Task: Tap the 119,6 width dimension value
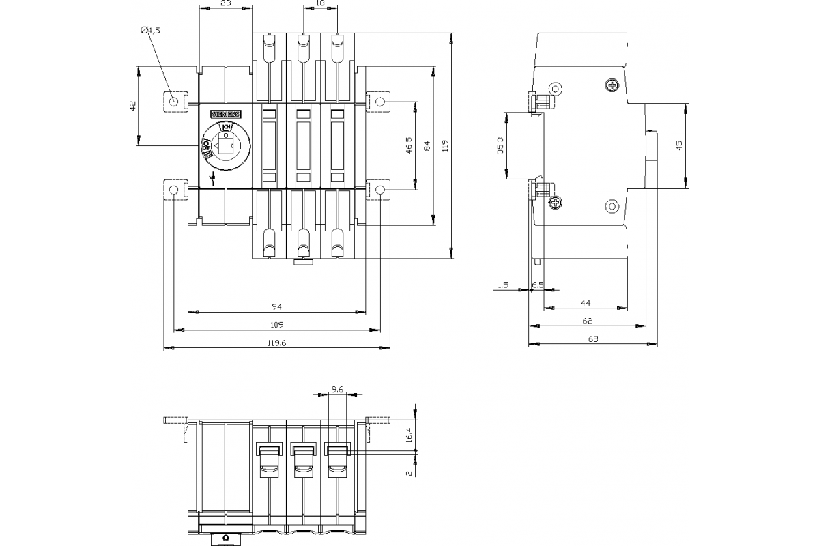pos(276,343)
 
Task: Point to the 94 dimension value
pos(276,306)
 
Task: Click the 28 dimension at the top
pos(226,4)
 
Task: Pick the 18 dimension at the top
pos(320,4)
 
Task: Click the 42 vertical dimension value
pos(133,105)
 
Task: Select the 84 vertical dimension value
pos(427,145)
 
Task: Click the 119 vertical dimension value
pos(445,145)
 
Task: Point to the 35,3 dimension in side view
pos(500,146)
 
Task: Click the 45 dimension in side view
pos(679,145)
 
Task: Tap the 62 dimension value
pos(588,320)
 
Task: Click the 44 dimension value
pos(586,302)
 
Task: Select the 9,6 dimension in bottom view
pos(337,390)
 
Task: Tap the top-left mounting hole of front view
pos(174,102)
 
